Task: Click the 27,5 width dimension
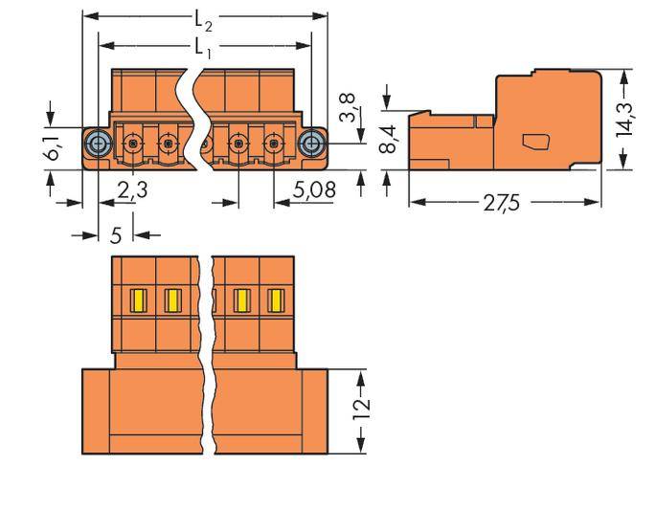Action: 503,204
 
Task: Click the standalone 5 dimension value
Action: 116,232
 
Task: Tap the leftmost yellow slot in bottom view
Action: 137,302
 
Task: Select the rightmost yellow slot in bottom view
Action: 275,302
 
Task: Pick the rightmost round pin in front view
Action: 273,145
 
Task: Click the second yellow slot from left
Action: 172,302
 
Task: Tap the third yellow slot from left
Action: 240,302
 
